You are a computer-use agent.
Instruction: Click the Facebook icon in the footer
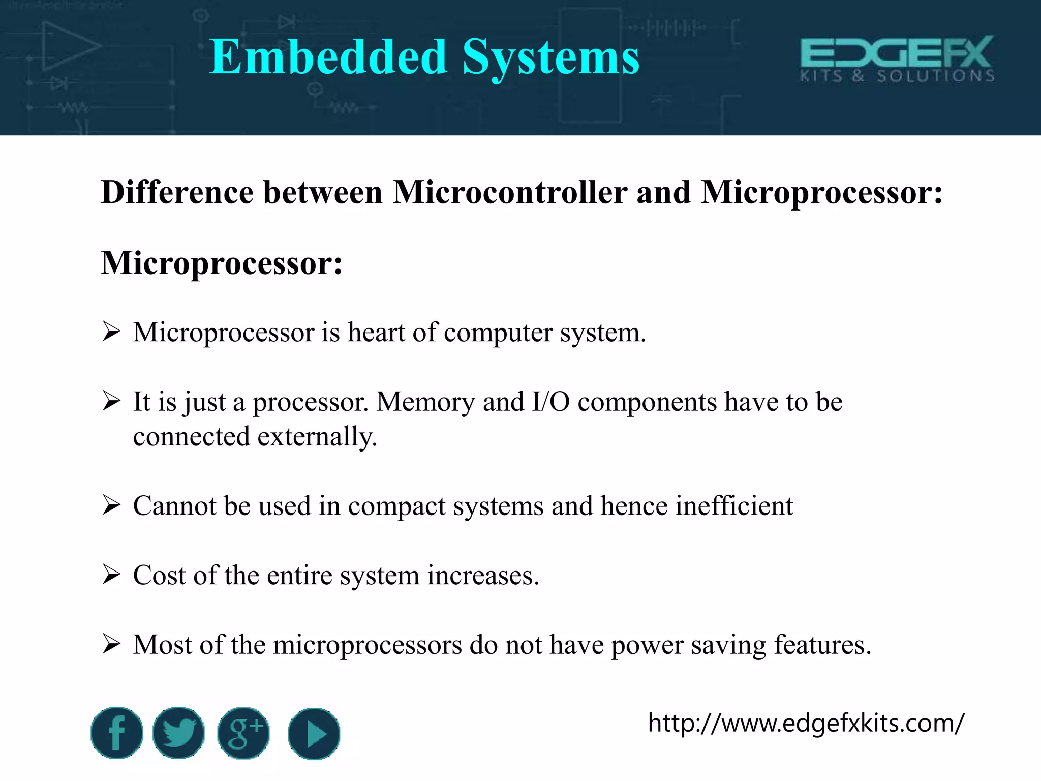pyautogui.click(x=117, y=733)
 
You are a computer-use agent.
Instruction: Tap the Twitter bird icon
pyautogui.click(x=178, y=733)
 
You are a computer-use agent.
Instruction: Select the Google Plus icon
pyautogui.click(x=243, y=733)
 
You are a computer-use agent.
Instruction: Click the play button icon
pyautogui.click(x=314, y=734)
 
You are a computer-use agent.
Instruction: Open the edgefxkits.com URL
pyautogui.click(x=806, y=723)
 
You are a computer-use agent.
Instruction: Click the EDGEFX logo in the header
pyautogui.click(x=897, y=58)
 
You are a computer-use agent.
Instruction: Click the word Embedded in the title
pyautogui.click(x=328, y=57)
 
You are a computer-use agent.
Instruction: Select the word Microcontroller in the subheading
pyautogui.click(x=510, y=193)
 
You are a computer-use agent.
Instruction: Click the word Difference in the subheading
pyautogui.click(x=177, y=193)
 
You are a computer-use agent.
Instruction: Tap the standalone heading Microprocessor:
pyautogui.click(x=222, y=263)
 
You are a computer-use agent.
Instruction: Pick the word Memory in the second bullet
pyautogui.click(x=425, y=402)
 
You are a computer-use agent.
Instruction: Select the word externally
pyautogui.click(x=317, y=437)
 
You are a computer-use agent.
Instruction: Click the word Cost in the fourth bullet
pyautogui.click(x=159, y=576)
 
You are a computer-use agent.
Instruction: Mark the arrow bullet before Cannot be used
pyautogui.click(x=111, y=505)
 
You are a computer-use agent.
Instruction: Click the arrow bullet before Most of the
pyautogui.click(x=111, y=644)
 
